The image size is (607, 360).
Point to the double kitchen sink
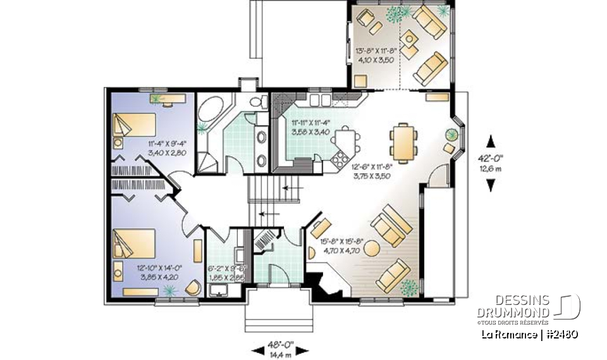point(320,100)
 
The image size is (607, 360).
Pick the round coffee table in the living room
point(371,247)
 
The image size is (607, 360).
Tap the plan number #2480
point(560,334)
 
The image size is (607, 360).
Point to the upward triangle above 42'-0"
point(491,142)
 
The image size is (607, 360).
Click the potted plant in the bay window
point(451,135)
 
